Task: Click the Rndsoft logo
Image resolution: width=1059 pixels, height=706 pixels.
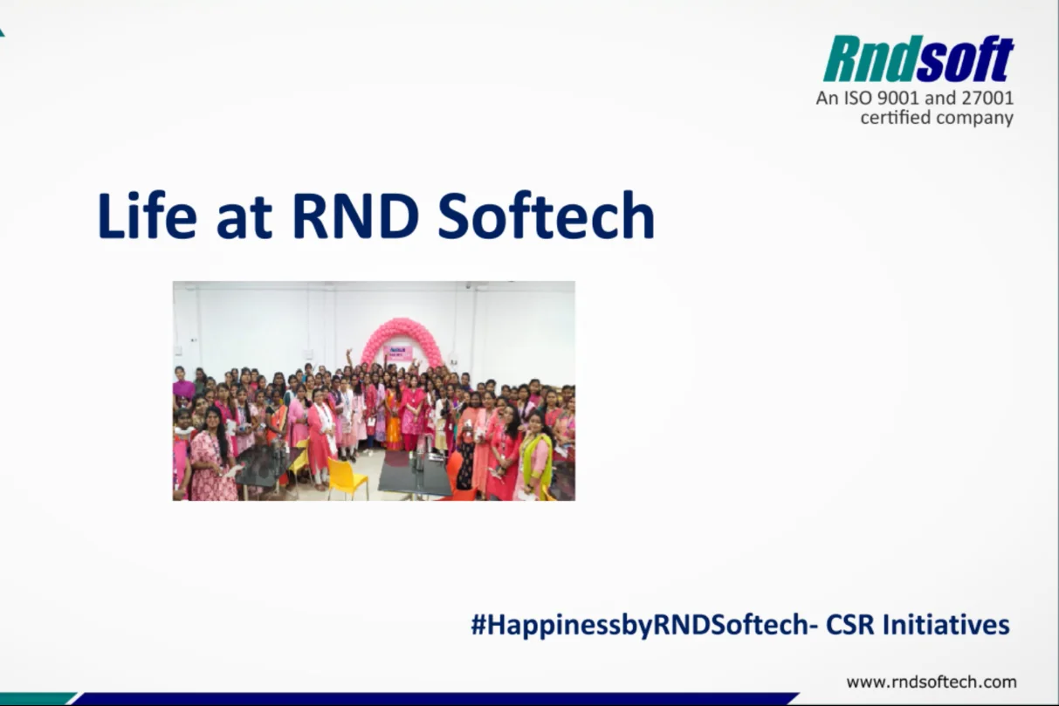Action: tap(918, 59)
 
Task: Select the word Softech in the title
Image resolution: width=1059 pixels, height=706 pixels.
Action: tap(546, 216)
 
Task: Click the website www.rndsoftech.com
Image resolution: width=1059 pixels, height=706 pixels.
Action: tap(932, 682)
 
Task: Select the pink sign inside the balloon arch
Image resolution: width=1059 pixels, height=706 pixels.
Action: tap(398, 352)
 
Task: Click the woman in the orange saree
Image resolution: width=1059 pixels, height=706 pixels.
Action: tap(393, 419)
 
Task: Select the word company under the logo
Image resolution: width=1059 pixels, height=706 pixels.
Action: tap(975, 118)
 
